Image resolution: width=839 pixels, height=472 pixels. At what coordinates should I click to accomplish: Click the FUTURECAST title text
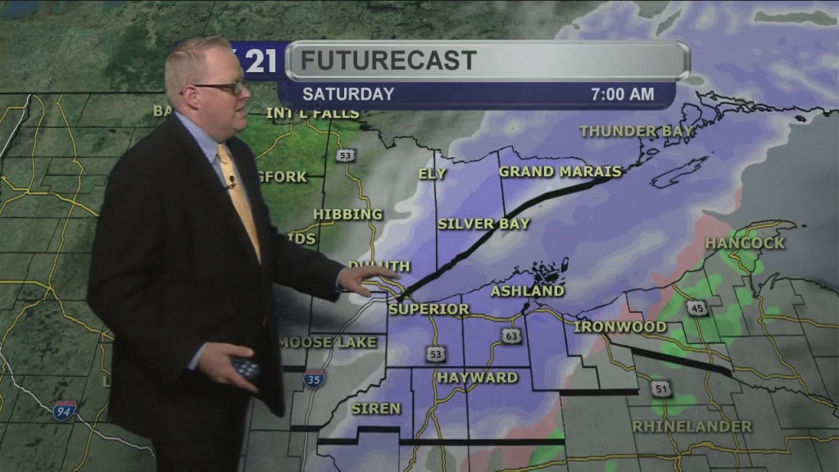388,60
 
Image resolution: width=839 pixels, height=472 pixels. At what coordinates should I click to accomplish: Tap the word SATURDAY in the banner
348,94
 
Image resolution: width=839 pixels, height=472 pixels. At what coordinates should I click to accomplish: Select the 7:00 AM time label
623,94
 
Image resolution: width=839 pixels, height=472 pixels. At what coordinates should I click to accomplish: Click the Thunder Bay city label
636,131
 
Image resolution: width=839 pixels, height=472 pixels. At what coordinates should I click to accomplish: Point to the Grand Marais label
560,171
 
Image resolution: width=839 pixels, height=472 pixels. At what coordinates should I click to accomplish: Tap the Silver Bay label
483,223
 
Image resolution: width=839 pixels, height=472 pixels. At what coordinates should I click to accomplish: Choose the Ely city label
432,174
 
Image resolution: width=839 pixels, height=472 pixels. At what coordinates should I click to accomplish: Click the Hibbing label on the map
348,215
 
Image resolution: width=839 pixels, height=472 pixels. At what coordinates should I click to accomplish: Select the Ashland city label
528,291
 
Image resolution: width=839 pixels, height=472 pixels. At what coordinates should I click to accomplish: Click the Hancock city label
745,243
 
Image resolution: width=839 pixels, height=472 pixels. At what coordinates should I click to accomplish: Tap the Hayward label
478,378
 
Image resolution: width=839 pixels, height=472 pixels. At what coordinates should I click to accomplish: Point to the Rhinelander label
692,426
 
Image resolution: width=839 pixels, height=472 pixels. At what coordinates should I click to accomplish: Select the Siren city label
376,408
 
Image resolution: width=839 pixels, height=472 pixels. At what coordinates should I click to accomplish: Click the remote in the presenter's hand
245,366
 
